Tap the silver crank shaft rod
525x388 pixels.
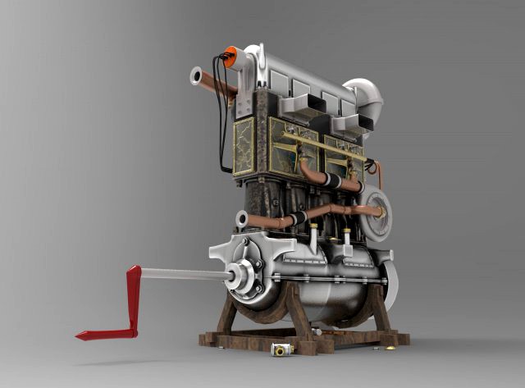pyautogui.click(x=180, y=273)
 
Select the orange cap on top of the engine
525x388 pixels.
pyautogui.click(x=231, y=57)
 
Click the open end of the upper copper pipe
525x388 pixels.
pyautogui.click(x=196, y=77)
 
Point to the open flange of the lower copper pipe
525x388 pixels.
pyautogui.click(x=242, y=218)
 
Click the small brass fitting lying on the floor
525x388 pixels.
pyautogui.click(x=281, y=350)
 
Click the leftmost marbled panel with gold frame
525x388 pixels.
pyautogui.click(x=244, y=146)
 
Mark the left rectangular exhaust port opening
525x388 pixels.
pyautogui.click(x=300, y=103)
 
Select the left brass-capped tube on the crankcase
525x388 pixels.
pyautogui.click(x=313, y=239)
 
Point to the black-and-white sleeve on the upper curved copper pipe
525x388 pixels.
pyautogui.click(x=332, y=180)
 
